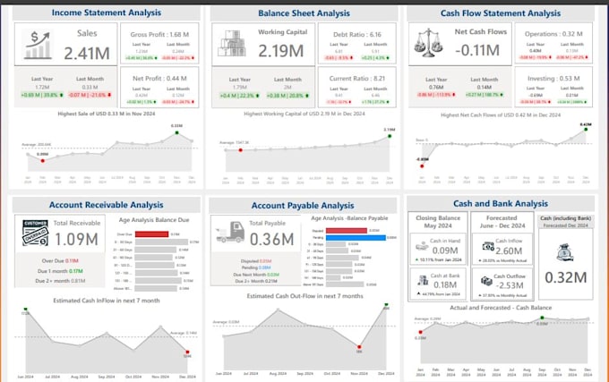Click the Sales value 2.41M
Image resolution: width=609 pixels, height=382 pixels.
click(x=86, y=52)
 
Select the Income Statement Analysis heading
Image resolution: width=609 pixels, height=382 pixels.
click(x=107, y=13)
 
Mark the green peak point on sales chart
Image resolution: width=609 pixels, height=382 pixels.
click(x=178, y=132)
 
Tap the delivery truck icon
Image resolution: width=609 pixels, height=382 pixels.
click(x=230, y=232)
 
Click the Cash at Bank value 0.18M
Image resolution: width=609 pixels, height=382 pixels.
click(x=445, y=284)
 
